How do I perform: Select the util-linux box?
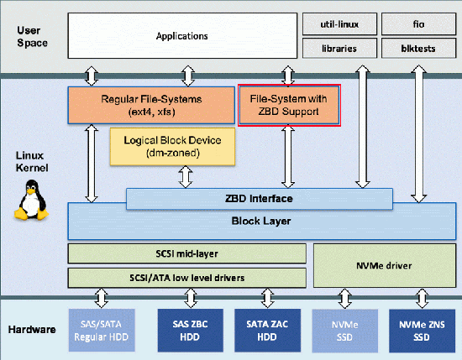pos(337,24)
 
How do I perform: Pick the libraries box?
pos(337,48)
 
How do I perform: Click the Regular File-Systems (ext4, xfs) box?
pos(151,106)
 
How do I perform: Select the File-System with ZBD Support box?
pos(289,106)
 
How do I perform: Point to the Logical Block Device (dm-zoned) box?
pos(172,146)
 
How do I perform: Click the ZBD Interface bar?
pos(259,199)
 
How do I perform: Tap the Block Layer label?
pos(259,222)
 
